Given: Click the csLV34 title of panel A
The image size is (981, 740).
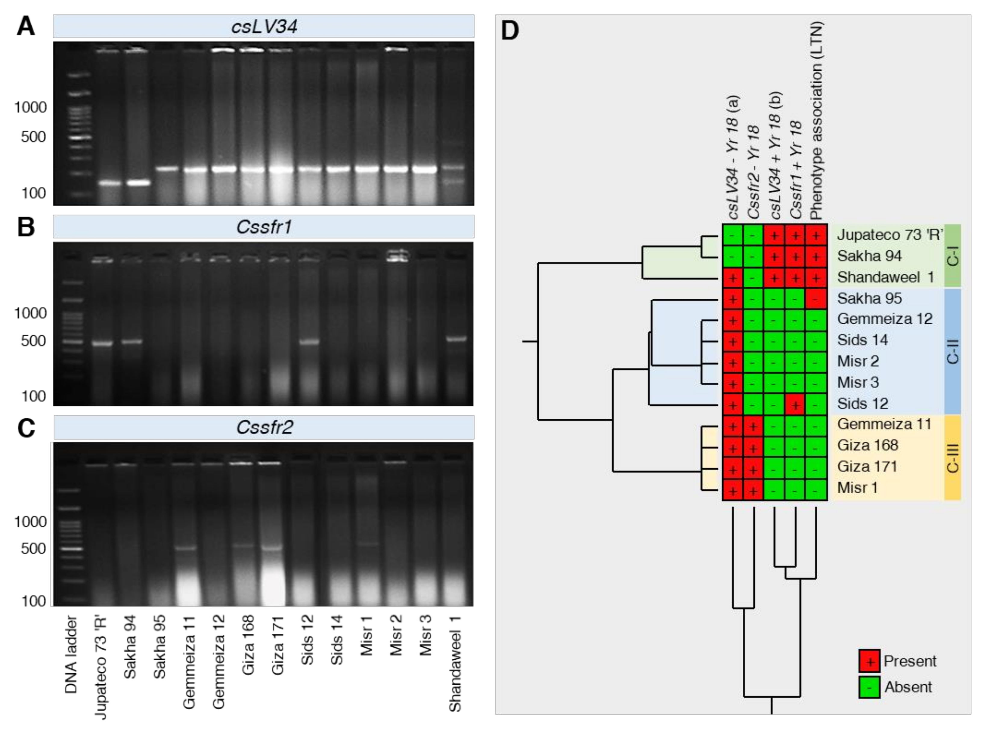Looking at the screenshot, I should point(264,26).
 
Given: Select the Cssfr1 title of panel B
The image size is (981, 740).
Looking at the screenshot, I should point(264,227).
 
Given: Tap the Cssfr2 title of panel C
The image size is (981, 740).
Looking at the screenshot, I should point(264,427).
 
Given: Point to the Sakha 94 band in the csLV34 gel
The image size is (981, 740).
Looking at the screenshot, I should point(138,183).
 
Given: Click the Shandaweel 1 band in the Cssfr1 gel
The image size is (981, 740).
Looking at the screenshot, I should point(456,339).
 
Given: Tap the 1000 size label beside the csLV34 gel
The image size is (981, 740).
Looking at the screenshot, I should point(30,107).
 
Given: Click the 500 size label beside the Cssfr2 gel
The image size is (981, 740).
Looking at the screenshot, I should point(33,548).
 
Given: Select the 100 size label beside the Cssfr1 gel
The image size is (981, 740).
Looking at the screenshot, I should point(33,396).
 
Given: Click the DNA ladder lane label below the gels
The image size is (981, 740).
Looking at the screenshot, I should point(71,654).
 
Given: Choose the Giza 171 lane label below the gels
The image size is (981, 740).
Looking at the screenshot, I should point(278,645).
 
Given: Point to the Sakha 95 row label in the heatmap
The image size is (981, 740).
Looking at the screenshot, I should point(869,298).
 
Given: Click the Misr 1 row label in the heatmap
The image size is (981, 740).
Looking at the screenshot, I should point(857,488).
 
